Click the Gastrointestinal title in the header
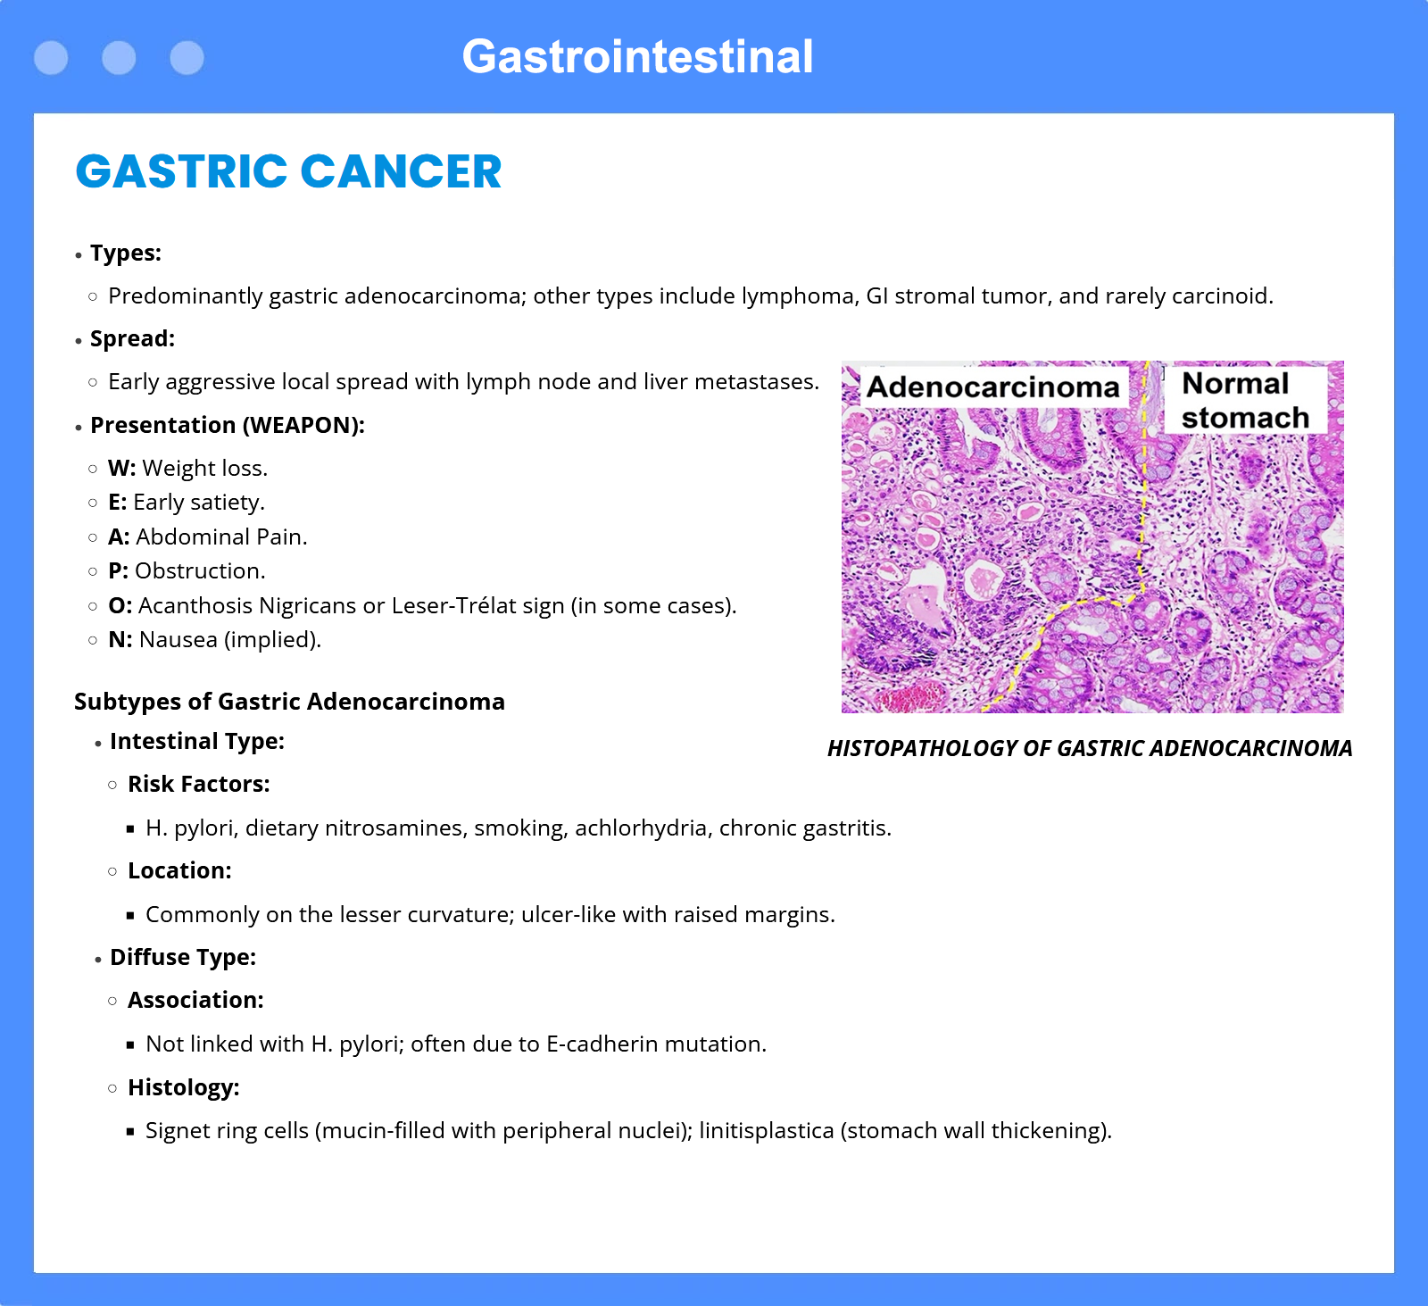[x=637, y=57]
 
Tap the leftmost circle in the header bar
[x=51, y=58]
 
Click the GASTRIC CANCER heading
[x=288, y=171]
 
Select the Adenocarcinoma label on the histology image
[x=992, y=387]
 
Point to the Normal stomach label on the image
[x=1245, y=400]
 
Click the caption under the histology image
[x=1090, y=748]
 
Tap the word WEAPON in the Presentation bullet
[x=303, y=425]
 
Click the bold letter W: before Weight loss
[x=121, y=468]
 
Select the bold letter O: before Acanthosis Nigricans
[x=120, y=605]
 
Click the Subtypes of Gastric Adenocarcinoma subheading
[x=289, y=702]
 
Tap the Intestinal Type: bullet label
[x=197, y=741]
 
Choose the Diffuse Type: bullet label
[x=183, y=957]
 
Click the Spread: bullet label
[x=132, y=339]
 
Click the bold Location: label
[x=179, y=870]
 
